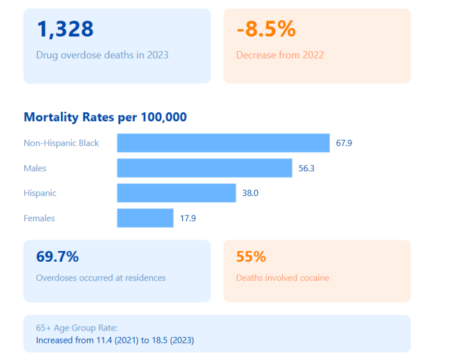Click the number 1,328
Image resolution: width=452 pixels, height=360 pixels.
65,29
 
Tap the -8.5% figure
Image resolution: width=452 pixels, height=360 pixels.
266,29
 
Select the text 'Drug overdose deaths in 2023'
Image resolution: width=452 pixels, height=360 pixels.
102,55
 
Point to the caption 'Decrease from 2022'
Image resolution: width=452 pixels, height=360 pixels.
280,55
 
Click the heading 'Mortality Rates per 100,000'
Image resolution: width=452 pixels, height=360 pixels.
105,117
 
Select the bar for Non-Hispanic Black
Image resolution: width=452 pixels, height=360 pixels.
223,143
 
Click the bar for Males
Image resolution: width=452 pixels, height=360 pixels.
204,168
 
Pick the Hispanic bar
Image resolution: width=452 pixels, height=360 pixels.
176,193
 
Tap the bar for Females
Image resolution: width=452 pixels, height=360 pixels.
145,218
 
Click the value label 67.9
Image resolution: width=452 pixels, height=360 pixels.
344,143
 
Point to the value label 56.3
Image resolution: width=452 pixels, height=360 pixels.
307,168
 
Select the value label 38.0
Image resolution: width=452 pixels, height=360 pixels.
250,193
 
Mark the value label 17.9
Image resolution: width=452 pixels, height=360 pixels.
188,218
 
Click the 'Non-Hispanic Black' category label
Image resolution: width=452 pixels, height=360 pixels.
61,143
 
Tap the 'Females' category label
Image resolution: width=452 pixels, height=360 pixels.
39,218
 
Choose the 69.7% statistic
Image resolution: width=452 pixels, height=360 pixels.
58,257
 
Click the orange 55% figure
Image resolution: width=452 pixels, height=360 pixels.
251,257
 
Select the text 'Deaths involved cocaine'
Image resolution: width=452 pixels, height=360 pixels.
282,278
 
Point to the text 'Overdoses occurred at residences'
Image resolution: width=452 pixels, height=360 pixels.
101,278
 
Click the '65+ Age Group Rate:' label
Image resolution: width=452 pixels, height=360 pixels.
77,328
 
